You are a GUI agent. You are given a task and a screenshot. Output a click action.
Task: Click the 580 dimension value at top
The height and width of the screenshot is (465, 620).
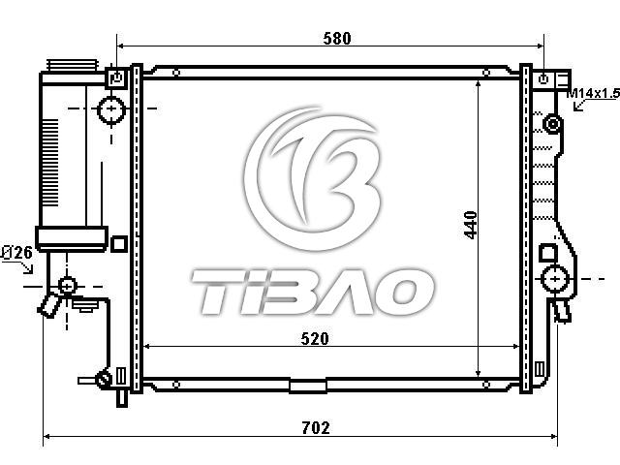click(x=337, y=39)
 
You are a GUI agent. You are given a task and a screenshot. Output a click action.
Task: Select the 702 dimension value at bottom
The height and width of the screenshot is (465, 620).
click(x=316, y=428)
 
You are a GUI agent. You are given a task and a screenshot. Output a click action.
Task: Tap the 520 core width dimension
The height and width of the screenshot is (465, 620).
click(x=315, y=339)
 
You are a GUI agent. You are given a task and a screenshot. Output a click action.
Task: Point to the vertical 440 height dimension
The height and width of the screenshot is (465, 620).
click(x=470, y=225)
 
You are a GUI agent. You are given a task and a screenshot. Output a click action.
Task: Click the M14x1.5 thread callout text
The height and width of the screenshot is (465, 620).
click(x=593, y=93)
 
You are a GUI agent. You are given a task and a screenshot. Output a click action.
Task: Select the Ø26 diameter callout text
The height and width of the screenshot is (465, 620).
click(x=16, y=252)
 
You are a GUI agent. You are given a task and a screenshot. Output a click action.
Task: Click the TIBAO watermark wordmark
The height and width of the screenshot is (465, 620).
click(x=312, y=292)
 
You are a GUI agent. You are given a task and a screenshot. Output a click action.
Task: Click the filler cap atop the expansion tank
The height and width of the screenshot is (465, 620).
click(x=72, y=65)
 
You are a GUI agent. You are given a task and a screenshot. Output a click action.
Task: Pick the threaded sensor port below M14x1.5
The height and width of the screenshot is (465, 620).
click(x=552, y=124)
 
